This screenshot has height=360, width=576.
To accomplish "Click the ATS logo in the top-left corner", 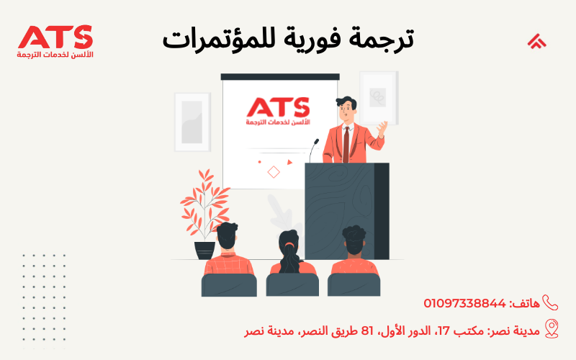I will pos(55,41).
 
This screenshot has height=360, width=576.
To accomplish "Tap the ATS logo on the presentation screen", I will pos(279,112).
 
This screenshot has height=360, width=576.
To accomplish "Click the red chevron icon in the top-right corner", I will pos(536,41).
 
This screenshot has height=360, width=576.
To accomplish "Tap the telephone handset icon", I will pos(551,303).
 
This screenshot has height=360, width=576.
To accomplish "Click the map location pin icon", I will pos(552,329).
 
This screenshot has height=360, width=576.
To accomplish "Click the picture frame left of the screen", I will pos(192,122).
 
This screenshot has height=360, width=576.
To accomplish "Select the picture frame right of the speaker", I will pos(378,98).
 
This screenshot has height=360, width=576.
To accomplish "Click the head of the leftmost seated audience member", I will pos(227,235).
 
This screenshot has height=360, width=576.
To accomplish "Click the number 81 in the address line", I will pos(367,330).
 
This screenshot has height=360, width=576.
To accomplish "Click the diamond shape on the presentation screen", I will pos(274,171).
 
